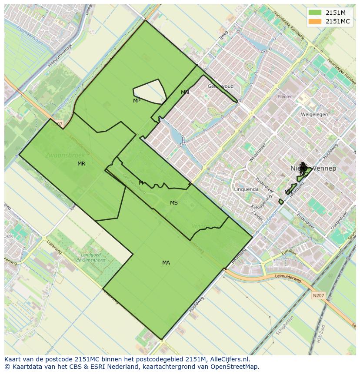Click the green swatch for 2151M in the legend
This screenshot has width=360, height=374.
[x=315, y=13]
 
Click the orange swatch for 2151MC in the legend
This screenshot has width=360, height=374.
[x=315, y=21]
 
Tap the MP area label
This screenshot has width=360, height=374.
[x=137, y=101]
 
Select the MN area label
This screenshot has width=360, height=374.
[x=185, y=93]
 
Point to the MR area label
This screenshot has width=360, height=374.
[x=81, y=164]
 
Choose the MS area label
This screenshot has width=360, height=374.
[x=174, y=203]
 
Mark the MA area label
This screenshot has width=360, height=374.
[x=166, y=263]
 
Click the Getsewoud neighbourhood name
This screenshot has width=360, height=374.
[x=220, y=86]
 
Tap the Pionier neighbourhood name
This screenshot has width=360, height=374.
[x=285, y=96]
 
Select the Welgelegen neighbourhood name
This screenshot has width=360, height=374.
[x=314, y=115]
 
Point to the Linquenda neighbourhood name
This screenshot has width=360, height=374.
[x=246, y=189]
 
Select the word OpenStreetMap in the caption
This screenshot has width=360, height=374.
[x=235, y=367]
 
